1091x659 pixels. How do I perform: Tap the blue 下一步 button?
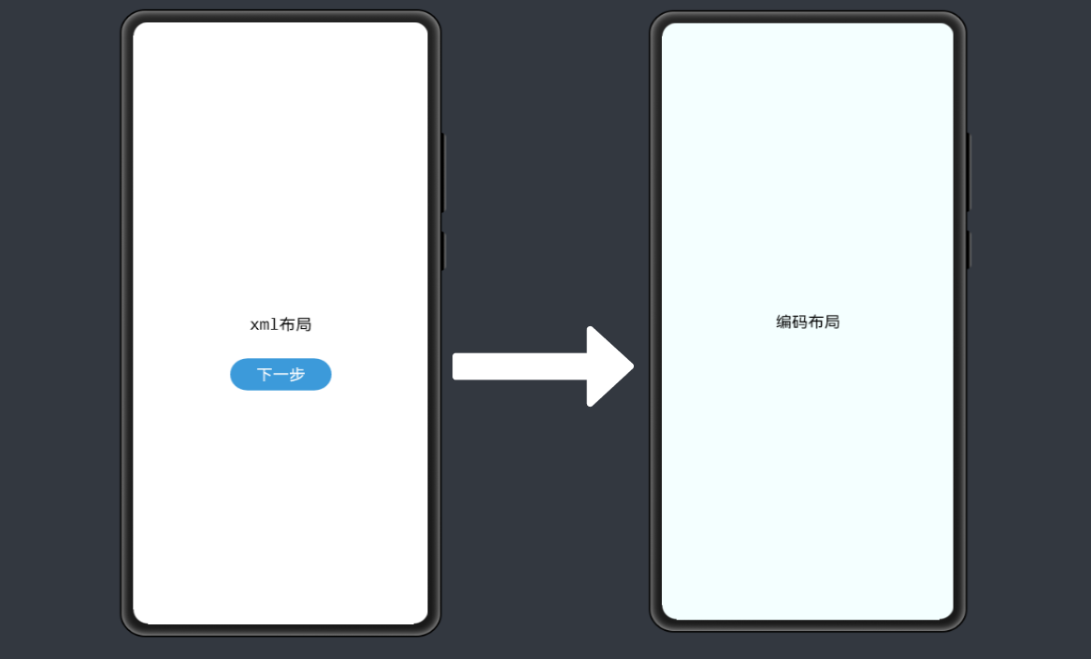click(x=280, y=374)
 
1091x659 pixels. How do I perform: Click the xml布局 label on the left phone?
click(x=280, y=324)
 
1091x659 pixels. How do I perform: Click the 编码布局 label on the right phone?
click(x=808, y=322)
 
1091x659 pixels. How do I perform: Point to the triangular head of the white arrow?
click(x=610, y=366)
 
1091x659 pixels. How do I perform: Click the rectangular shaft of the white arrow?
click(x=520, y=366)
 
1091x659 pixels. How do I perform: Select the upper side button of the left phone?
click(x=443, y=172)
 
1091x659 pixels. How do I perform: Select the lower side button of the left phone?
click(x=443, y=251)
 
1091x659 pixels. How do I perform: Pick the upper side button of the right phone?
click(x=969, y=172)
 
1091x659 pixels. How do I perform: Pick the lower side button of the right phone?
click(x=969, y=250)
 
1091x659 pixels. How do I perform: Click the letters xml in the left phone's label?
click(x=264, y=325)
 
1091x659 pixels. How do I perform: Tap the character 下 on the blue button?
click(x=265, y=375)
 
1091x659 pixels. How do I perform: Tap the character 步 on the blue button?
click(x=296, y=375)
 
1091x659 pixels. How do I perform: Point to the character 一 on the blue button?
click(x=280, y=375)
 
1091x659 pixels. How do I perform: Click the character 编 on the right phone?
click(x=783, y=322)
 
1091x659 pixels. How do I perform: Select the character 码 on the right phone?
click(x=799, y=322)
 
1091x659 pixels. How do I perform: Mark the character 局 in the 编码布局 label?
click(x=832, y=322)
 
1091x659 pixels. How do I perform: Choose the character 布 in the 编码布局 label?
click(x=816, y=322)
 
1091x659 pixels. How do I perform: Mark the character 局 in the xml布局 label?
click(x=304, y=324)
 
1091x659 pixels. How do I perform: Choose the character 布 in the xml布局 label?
click(x=287, y=324)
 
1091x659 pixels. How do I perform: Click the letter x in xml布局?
click(x=254, y=325)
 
